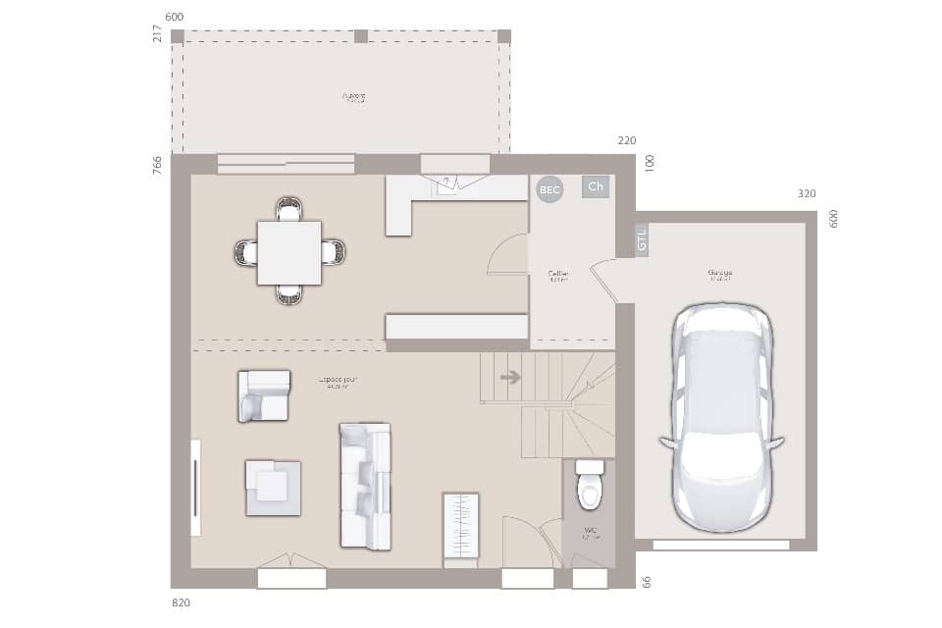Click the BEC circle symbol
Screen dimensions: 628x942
[x=549, y=189]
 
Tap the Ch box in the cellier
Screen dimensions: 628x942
[x=596, y=186]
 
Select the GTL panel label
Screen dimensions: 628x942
[x=642, y=239]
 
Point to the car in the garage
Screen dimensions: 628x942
[x=721, y=417]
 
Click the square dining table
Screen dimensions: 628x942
[x=288, y=252]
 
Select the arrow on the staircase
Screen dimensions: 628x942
[x=510, y=377]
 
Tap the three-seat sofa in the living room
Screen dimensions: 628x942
[x=365, y=486]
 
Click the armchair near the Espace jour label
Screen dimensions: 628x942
[x=264, y=395]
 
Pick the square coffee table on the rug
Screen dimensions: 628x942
[x=273, y=486]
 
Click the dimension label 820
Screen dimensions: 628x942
[x=180, y=602]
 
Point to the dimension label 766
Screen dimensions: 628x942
[x=157, y=165]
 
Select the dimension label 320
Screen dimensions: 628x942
[x=806, y=194]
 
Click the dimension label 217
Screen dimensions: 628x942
[x=157, y=33]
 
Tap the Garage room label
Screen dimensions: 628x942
[x=720, y=274]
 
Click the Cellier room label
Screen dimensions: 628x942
[x=558, y=275]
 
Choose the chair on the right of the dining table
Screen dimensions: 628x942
[x=334, y=252]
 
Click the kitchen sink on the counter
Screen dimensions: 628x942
[x=447, y=184]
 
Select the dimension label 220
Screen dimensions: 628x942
[x=626, y=141]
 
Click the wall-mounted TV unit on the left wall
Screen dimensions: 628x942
[x=195, y=488]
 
